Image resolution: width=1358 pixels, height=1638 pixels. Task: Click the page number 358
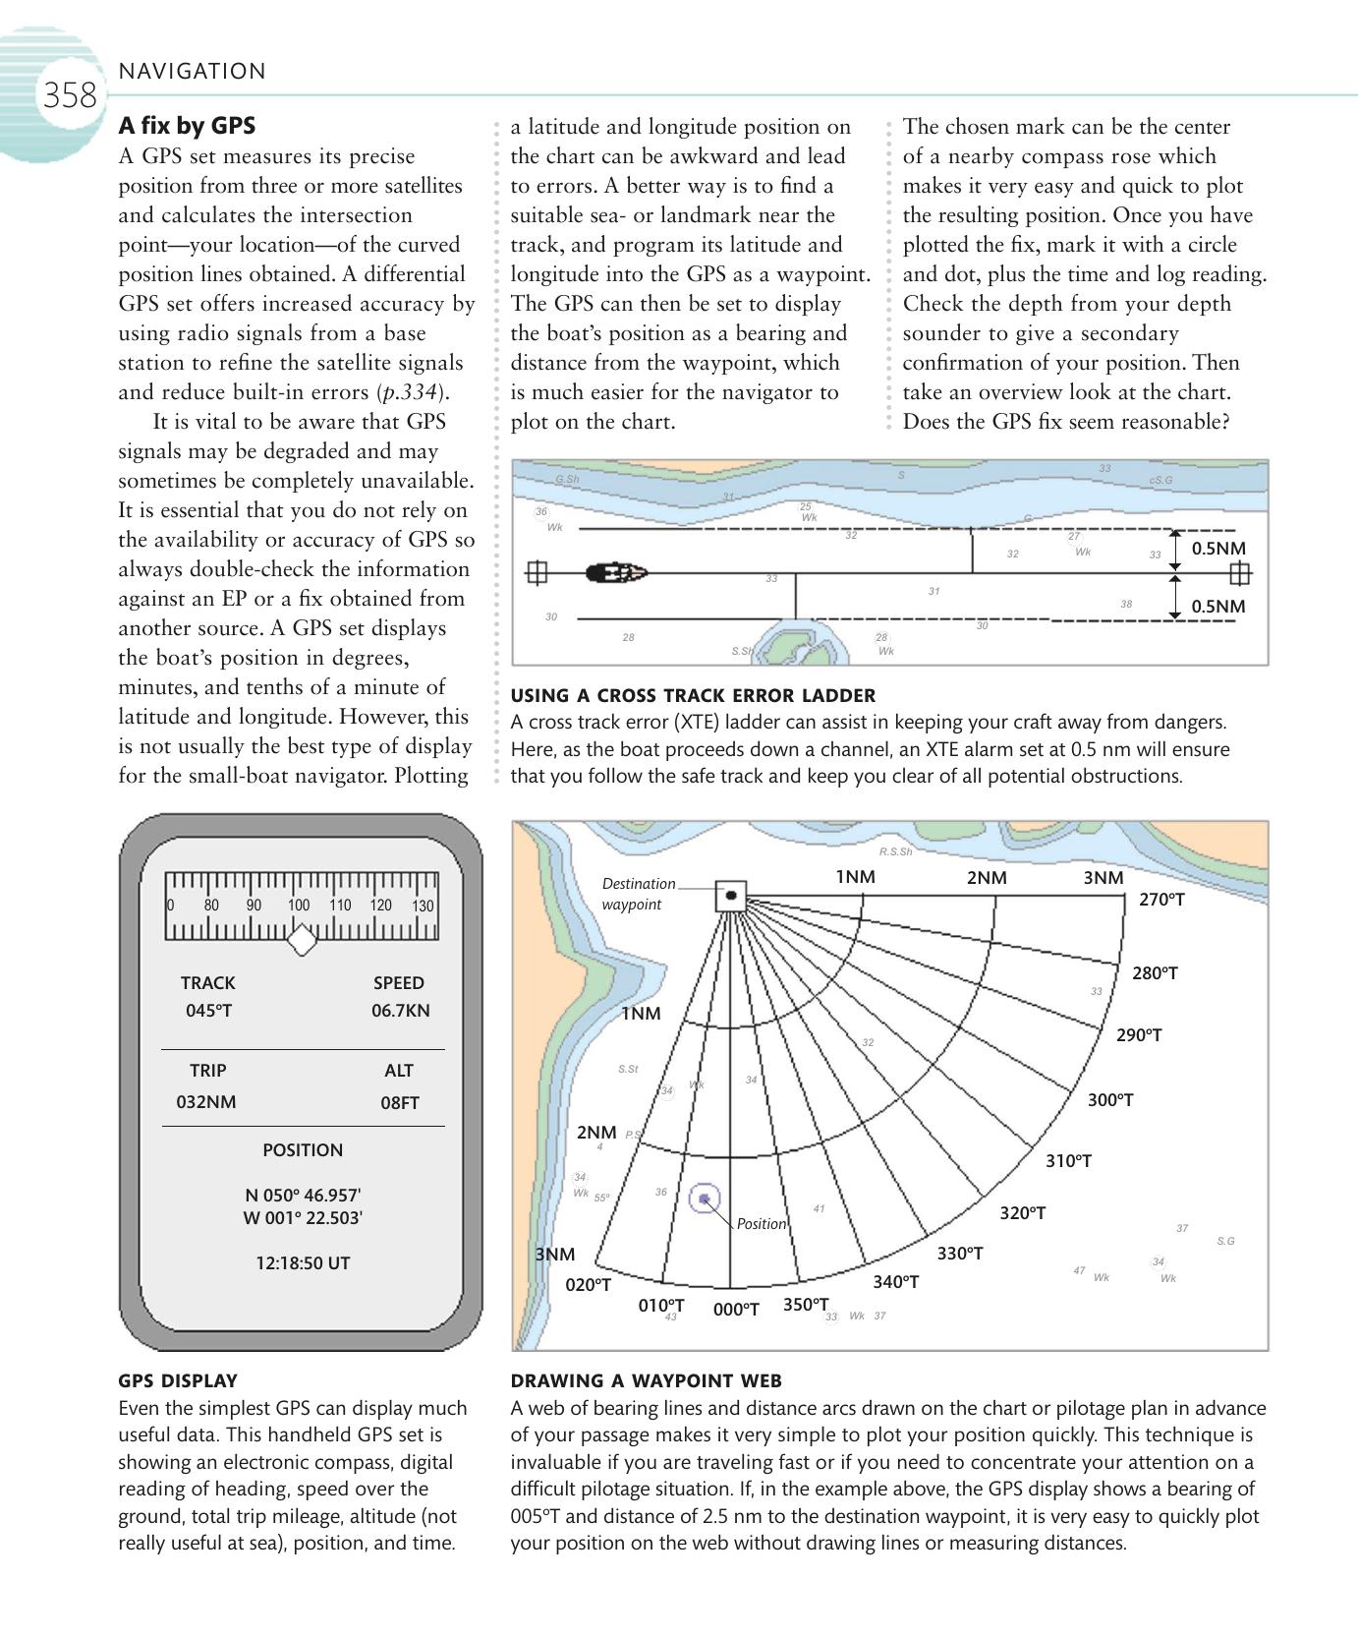[69, 95]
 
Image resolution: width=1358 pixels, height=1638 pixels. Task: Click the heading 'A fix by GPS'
[187, 126]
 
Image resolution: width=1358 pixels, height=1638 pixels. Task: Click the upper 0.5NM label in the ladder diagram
[1217, 549]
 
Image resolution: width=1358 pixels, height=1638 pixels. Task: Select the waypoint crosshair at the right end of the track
[1239, 572]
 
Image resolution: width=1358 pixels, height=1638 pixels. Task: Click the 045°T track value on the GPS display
[208, 1011]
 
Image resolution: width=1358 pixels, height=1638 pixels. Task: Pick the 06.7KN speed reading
[400, 1011]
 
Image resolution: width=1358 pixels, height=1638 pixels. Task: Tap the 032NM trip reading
[206, 1102]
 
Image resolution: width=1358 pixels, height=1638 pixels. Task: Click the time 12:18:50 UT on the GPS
[303, 1263]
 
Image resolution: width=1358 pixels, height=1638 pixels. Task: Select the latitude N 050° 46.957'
[303, 1196]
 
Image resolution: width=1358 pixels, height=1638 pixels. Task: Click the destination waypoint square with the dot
[730, 896]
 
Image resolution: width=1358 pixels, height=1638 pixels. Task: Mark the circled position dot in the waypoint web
[704, 1199]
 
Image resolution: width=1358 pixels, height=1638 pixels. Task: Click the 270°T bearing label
[1161, 900]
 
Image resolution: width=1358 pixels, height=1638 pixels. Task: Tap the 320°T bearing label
[1022, 1213]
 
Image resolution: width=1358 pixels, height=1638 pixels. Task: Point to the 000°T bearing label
[736, 1310]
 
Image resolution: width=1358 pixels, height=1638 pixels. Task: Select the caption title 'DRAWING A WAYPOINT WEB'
[646, 1381]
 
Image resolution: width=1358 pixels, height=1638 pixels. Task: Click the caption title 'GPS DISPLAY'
[178, 1381]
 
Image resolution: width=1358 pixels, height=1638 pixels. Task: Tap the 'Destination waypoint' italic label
[638, 894]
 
